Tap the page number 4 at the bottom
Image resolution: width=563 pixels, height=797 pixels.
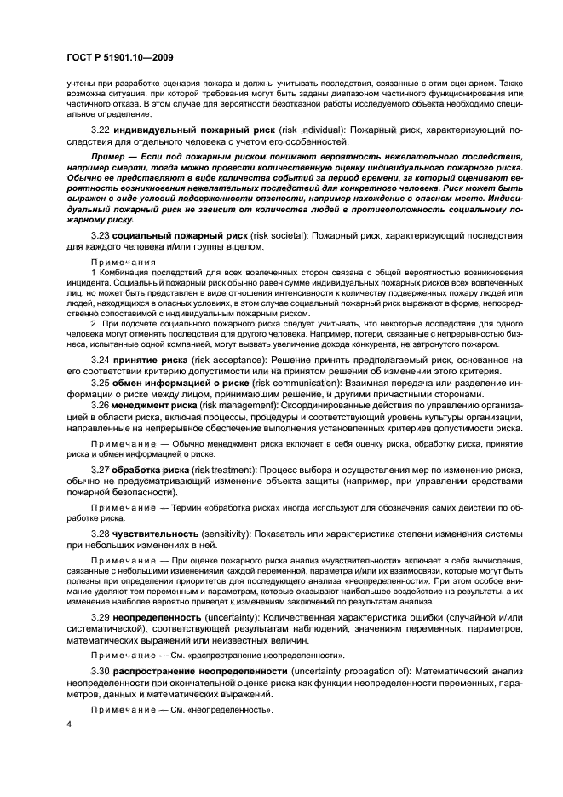[x=68, y=724]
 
